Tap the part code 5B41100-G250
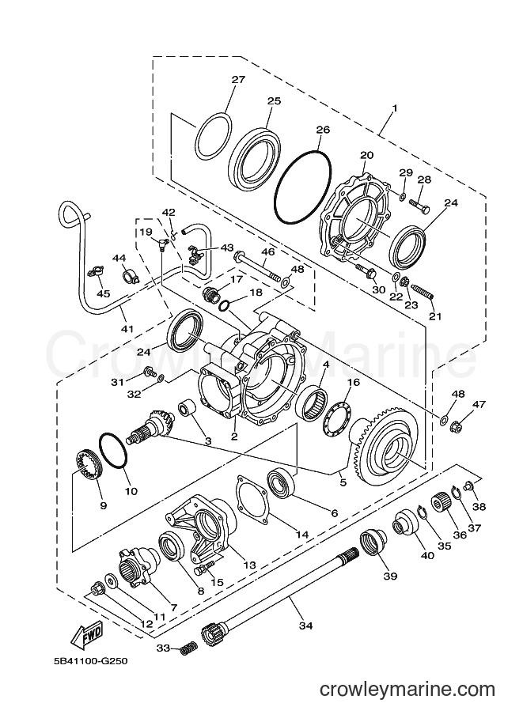90,661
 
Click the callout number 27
238,79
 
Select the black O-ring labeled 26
303,187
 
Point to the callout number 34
305,626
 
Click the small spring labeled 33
186,648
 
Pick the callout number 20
367,155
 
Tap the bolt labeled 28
419,205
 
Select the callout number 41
127,329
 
